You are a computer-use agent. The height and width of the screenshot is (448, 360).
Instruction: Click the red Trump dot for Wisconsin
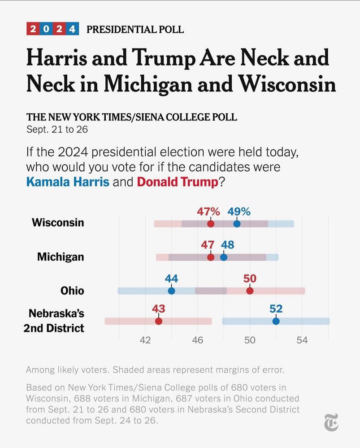(x=211, y=224)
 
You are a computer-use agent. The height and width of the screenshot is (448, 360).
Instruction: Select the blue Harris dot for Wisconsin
(x=237, y=224)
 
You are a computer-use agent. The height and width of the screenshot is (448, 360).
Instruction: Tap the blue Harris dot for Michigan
(x=224, y=257)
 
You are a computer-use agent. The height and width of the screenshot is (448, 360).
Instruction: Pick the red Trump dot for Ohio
(x=250, y=291)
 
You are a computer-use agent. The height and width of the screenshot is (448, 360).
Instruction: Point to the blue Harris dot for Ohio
(x=171, y=291)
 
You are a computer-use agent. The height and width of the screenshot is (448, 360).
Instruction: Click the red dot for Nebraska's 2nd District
(x=158, y=321)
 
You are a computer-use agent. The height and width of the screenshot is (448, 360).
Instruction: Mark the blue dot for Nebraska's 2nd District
(x=276, y=321)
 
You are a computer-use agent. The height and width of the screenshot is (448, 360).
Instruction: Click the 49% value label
(x=239, y=211)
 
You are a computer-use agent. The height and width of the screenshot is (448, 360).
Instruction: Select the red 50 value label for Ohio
(x=250, y=279)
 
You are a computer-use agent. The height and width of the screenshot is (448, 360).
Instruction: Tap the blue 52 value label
(x=276, y=309)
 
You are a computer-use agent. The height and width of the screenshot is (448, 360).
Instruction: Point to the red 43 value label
(x=158, y=309)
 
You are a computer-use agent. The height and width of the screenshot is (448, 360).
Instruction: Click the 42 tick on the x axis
(x=145, y=340)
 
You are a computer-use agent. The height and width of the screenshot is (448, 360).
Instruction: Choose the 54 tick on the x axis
(x=302, y=340)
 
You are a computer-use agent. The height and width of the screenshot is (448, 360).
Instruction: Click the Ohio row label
(x=72, y=291)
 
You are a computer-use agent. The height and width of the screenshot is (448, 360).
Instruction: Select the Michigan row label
(x=61, y=257)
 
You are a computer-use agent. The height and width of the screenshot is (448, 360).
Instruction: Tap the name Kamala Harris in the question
(x=68, y=182)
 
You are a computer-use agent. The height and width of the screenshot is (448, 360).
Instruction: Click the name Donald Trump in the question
(x=178, y=182)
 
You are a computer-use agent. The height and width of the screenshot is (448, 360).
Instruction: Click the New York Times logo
(x=331, y=422)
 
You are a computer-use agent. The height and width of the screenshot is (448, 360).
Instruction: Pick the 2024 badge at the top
(x=53, y=29)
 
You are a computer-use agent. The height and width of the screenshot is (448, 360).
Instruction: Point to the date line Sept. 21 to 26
(x=57, y=130)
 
